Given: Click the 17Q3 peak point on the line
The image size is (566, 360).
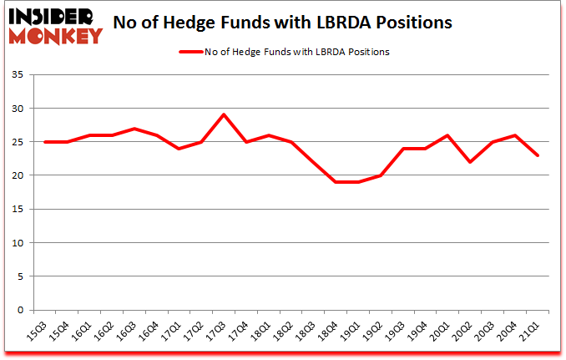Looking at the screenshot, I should [224, 114].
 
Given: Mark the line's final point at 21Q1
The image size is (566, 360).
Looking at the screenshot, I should [539, 155].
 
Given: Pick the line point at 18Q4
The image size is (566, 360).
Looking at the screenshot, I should [336, 182].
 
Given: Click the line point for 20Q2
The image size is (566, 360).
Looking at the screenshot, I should [472, 162].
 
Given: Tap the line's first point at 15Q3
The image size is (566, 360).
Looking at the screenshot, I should [44, 142].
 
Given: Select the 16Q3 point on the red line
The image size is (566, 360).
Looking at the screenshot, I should [134, 129].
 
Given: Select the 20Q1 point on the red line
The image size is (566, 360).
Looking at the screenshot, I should [449, 135].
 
